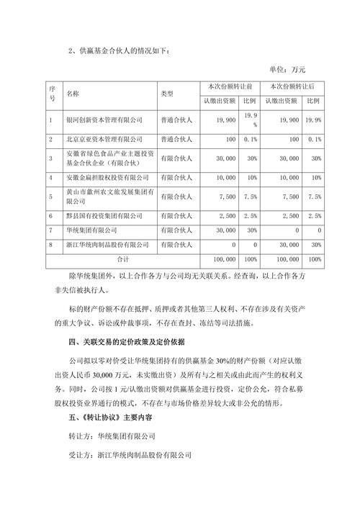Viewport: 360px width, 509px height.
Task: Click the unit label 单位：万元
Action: pyautogui.click(x=287, y=69)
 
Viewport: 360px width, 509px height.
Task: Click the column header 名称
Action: pyautogui.click(x=73, y=94)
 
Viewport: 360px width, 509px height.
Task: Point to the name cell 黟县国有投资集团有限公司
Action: pyautogui.click(x=104, y=215)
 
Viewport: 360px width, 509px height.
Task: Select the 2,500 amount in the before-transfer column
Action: pyautogui.click(x=226, y=215)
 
